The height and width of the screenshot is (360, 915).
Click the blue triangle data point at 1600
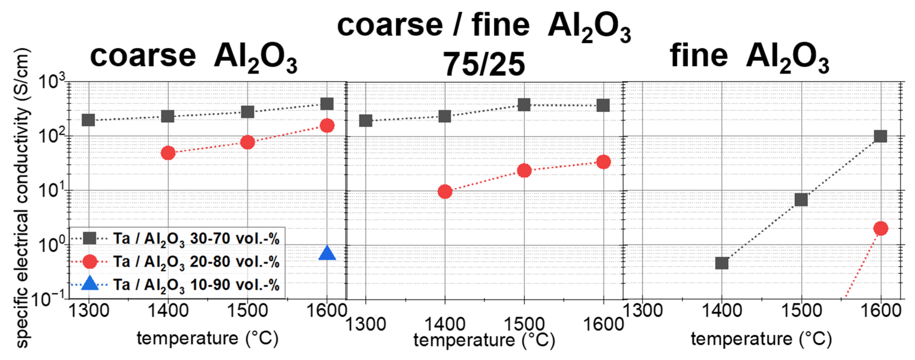[327, 253]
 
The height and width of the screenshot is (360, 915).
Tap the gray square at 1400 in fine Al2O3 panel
[721, 263]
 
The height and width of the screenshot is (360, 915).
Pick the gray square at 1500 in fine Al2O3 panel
[801, 200]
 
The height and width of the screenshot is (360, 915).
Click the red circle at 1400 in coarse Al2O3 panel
[168, 153]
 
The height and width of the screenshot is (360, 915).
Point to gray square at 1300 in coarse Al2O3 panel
[88, 120]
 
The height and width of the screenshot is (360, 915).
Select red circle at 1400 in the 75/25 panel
[445, 192]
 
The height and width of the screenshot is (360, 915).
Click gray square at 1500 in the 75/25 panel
[524, 105]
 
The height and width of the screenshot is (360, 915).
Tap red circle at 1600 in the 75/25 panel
[604, 162]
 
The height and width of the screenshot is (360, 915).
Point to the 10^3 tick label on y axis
[51, 82]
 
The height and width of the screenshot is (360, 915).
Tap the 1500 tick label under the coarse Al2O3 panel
[247, 311]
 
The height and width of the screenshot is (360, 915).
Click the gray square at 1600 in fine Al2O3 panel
[880, 136]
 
